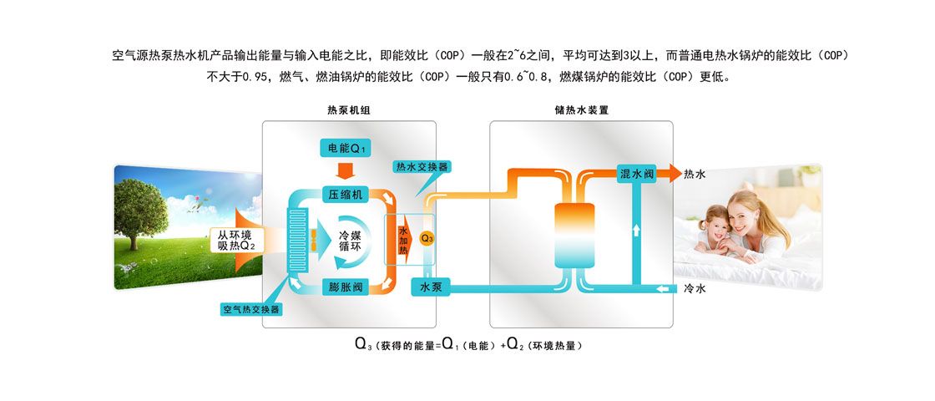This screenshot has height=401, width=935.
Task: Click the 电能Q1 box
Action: click(x=346, y=149)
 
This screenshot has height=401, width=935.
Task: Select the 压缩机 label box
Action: click(x=346, y=194)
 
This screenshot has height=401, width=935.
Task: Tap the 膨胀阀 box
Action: click(x=346, y=287)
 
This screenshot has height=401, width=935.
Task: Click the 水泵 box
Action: click(x=432, y=287)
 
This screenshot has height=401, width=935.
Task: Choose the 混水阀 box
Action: click(x=637, y=174)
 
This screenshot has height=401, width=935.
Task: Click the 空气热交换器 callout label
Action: click(x=251, y=309)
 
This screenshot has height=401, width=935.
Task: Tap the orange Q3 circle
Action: click(x=427, y=238)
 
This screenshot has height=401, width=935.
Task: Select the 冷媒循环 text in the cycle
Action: click(x=350, y=241)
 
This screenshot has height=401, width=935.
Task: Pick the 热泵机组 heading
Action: click(x=348, y=110)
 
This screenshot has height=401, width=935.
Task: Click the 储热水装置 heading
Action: click(x=581, y=110)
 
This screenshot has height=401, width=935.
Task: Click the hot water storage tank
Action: click(x=574, y=234)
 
